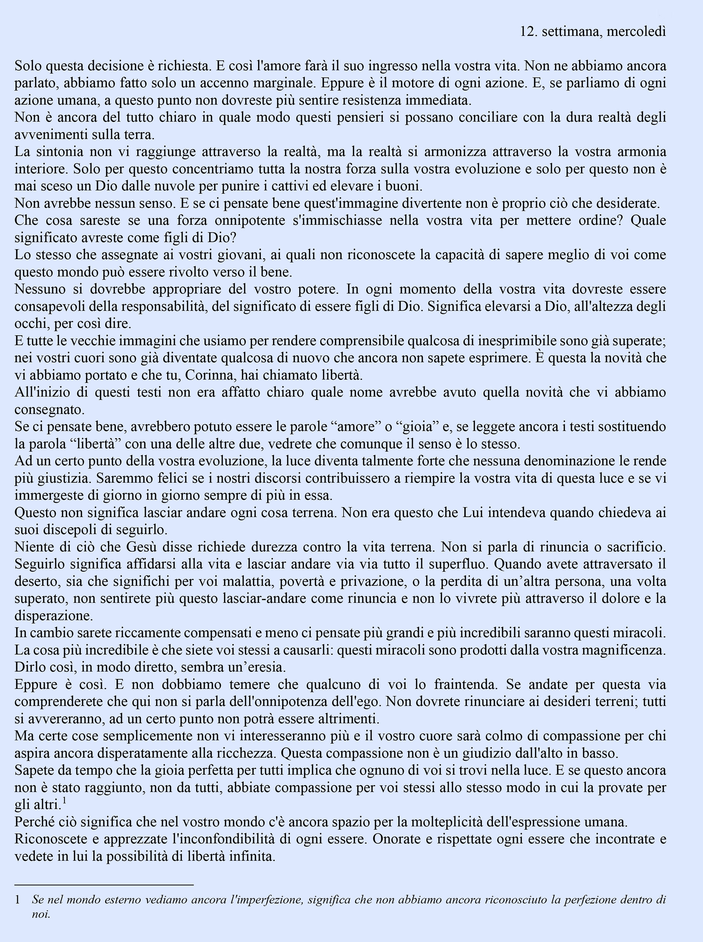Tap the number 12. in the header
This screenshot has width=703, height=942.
coord(528,31)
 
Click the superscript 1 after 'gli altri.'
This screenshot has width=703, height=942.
coord(64,801)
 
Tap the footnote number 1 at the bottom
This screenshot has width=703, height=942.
coord(18,900)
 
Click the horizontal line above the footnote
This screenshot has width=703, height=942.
coord(104,885)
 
